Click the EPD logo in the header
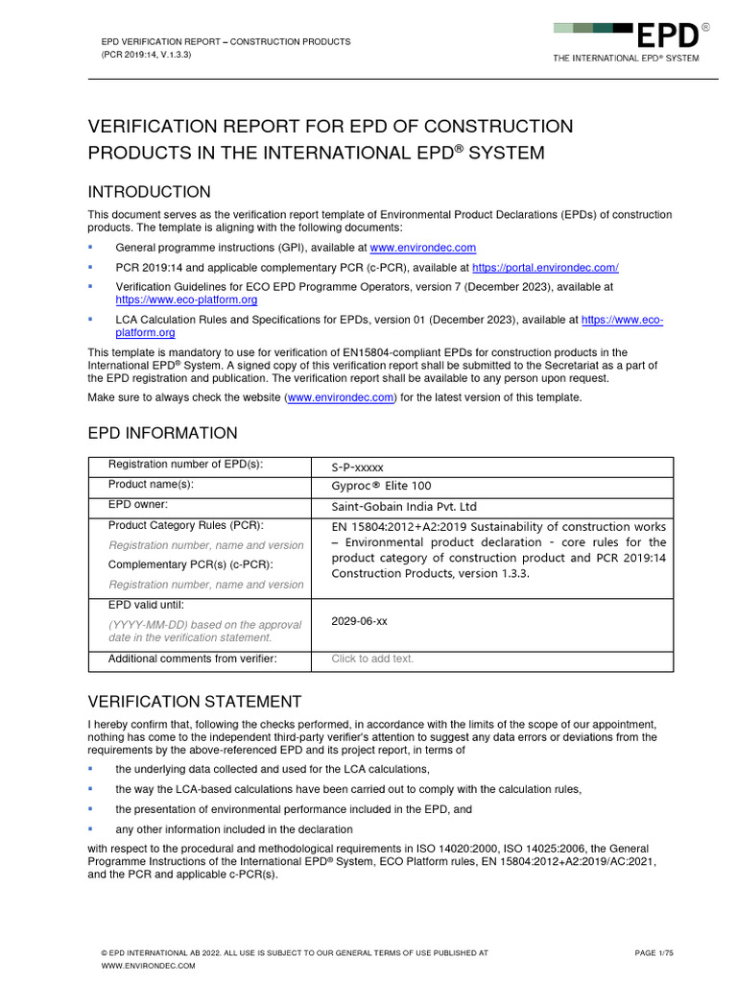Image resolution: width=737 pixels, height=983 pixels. coord(670,36)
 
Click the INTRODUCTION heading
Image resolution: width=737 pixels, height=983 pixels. coord(150,192)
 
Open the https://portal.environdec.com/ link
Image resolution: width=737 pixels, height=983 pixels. coord(545,268)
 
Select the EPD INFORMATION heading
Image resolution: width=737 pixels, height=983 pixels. coord(163,433)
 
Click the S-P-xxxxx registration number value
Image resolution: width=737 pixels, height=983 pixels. coord(357,468)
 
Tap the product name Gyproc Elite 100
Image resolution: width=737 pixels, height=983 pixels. coord(381,486)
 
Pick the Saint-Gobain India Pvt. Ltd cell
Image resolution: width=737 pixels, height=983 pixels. coord(404,506)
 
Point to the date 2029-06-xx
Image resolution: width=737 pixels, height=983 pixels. coord(359,621)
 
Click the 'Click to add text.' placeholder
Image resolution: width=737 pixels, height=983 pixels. coord(373,659)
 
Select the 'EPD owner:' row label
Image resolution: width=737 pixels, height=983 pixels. coord(138,504)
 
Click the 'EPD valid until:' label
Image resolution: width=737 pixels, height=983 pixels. coord(146,605)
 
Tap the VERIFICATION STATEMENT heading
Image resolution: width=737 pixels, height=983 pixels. coord(195,702)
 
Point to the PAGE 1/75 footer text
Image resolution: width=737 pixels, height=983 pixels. coord(654,952)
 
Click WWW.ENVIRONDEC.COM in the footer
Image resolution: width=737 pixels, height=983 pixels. coord(148,966)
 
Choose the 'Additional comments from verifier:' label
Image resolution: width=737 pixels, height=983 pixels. coord(192,659)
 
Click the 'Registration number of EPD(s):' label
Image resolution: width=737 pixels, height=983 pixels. coord(185,465)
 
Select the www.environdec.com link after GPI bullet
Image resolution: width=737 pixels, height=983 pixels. coord(431,248)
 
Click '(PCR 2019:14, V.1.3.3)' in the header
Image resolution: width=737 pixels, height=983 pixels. coord(147,56)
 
